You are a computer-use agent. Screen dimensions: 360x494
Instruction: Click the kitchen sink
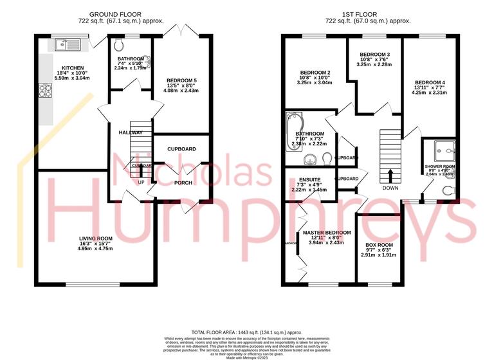(66, 44)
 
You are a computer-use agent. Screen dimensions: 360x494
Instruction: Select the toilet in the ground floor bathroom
(119, 45)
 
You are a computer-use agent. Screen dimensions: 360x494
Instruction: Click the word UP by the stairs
(142, 183)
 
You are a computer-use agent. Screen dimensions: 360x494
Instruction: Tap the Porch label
(183, 183)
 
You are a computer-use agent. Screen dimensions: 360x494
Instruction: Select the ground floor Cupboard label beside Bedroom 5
(181, 149)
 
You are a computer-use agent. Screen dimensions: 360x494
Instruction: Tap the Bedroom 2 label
(315, 72)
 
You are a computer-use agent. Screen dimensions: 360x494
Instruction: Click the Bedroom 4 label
(429, 83)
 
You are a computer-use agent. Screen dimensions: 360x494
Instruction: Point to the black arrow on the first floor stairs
(390, 175)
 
